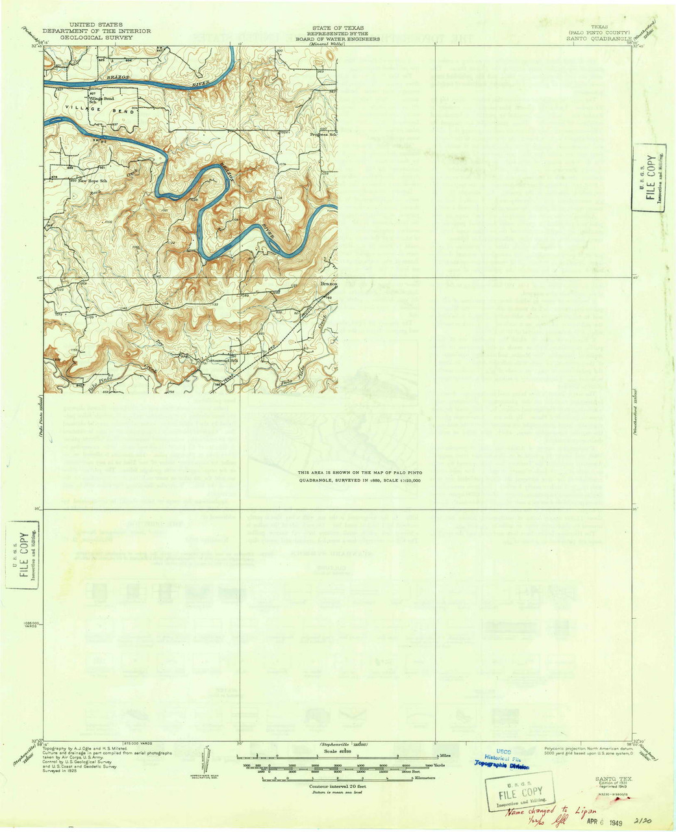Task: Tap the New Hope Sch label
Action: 92,181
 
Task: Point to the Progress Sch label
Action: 323,135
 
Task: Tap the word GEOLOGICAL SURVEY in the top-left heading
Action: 96,38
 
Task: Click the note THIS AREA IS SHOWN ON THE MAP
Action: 359,476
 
